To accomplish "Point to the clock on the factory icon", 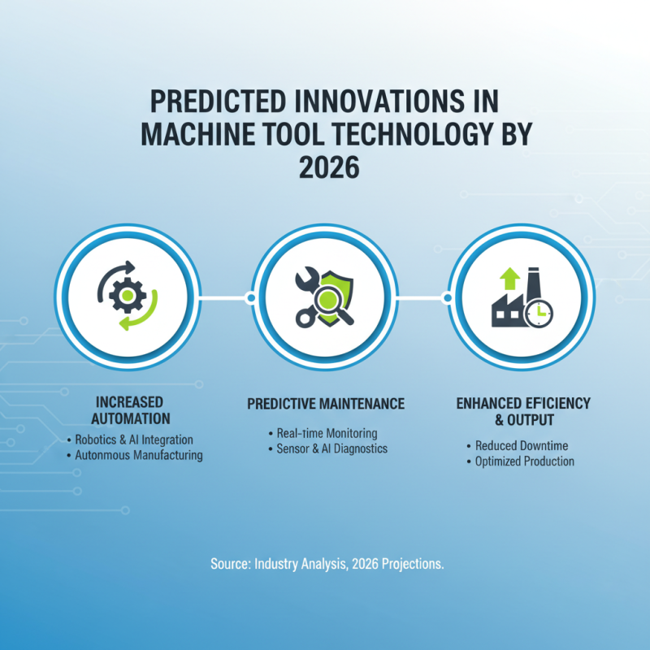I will pyautogui.click(x=538, y=313).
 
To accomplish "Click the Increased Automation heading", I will pyautogui.click(x=132, y=410).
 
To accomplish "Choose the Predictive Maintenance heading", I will pyautogui.click(x=325, y=404).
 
